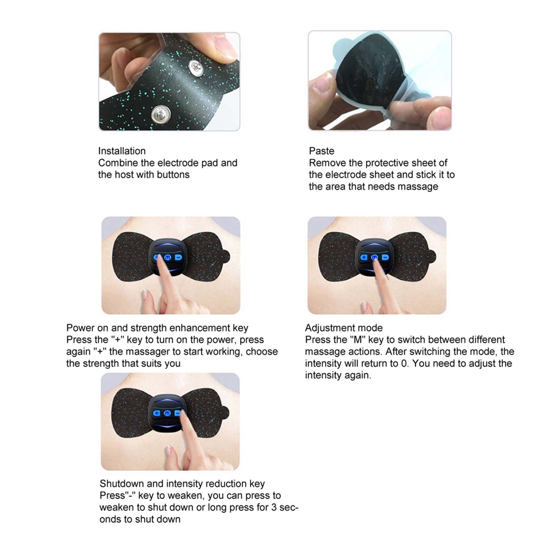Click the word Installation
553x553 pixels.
pos(122,151)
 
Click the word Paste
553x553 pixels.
pos(321,151)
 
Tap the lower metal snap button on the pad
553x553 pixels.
pos(161,114)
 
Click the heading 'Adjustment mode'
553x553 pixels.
pos(344,328)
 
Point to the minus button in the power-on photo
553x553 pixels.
pos(178,257)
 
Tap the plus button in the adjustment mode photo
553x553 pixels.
pos(364,257)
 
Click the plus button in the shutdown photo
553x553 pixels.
pos(157,413)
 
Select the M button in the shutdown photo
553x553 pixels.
pos(167,413)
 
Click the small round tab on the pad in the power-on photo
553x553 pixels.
pos(225,257)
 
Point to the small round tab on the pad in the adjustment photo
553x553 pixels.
pos(431,257)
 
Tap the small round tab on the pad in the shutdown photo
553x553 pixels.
pos(224,412)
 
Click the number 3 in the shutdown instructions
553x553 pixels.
pos(273,507)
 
